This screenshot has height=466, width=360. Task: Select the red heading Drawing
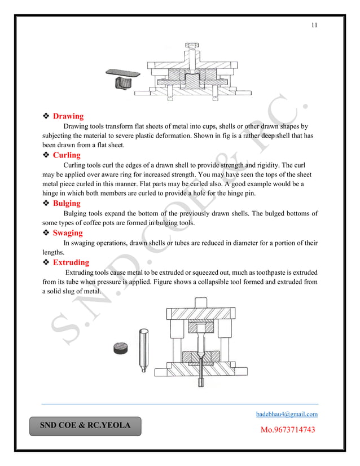[68, 117]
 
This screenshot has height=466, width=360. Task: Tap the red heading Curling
[67, 155]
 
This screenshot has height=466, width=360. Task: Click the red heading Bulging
[67, 204]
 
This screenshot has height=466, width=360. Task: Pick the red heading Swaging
[68, 233]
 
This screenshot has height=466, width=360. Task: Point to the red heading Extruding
[71, 263]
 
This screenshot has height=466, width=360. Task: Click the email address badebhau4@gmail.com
[287, 415]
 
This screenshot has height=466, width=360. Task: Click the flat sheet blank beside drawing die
[124, 73]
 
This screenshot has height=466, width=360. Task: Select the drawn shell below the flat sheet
[124, 85]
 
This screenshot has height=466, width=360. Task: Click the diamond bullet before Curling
[47, 155]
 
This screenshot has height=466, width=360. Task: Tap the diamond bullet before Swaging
[47, 233]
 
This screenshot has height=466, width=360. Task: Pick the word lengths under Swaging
[55, 253]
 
